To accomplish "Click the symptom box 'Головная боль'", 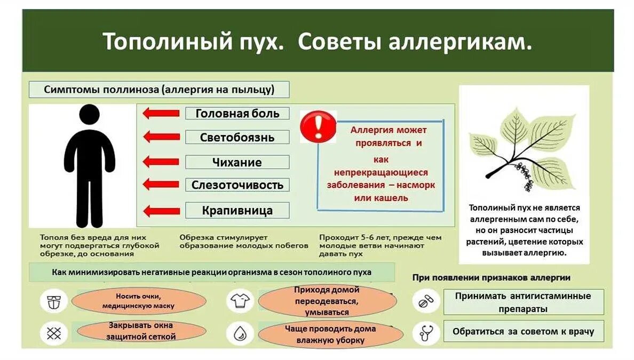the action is [x=237, y=114].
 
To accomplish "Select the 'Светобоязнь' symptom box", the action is [x=237, y=137].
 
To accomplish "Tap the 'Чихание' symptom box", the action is [x=237, y=162].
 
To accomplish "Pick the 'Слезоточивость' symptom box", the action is [x=237, y=185].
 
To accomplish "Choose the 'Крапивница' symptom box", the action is [x=237, y=210].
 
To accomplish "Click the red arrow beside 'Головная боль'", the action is [x=162, y=113].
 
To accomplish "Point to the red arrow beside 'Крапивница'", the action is [x=162, y=211].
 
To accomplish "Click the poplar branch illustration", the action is [x=512, y=149].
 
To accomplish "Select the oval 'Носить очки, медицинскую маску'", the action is [x=138, y=301].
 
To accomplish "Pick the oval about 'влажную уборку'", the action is [x=330, y=334].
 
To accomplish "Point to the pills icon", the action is [x=425, y=302].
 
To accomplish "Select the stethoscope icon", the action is [x=425, y=332].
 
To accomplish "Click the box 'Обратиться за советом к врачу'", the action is [x=523, y=331].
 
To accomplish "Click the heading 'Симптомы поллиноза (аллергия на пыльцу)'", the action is [x=159, y=90].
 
